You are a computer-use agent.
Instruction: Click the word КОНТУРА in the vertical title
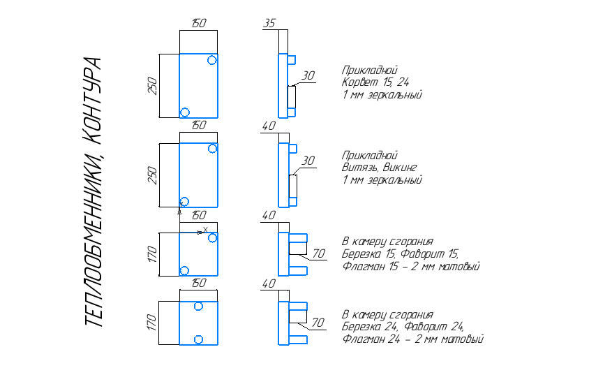[x=92, y=101]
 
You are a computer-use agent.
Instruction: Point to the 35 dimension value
[x=269, y=23]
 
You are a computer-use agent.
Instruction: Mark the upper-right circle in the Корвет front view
[x=212, y=60]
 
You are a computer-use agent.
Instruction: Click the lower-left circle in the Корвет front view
[x=185, y=112]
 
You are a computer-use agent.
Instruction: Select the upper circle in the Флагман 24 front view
[x=198, y=307]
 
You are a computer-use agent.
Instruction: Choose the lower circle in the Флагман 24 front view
[x=198, y=340]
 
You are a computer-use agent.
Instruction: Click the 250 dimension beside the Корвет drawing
[x=152, y=86]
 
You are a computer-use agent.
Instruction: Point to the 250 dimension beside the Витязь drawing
[x=152, y=175]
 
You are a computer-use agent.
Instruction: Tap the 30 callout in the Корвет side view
[x=308, y=76]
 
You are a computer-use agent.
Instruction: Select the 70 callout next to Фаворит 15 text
[x=318, y=253]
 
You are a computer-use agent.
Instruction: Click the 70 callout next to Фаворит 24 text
[x=318, y=323]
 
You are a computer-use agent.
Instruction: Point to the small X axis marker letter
[x=205, y=229]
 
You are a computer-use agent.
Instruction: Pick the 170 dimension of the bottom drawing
[x=151, y=323]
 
